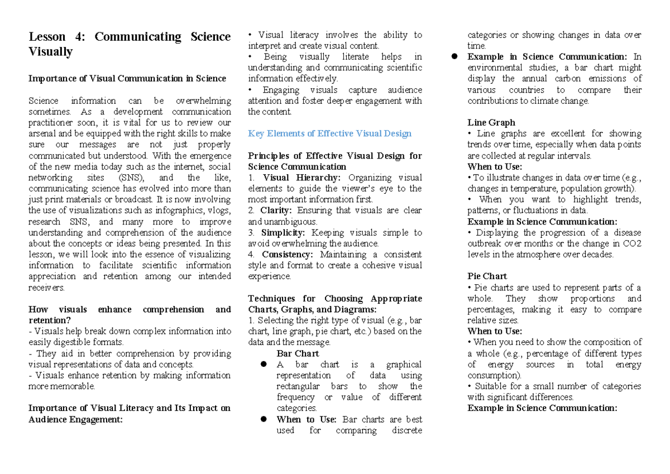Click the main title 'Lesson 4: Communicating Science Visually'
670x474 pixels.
(129, 44)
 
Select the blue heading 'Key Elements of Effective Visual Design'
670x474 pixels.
(329, 133)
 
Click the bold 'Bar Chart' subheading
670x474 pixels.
(298, 353)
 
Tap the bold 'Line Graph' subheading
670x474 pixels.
(491, 122)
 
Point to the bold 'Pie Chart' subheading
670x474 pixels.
(487, 276)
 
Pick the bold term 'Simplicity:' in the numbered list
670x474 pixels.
(284, 232)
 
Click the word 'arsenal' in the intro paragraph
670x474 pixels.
(42, 133)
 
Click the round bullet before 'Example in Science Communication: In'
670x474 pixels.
(454, 57)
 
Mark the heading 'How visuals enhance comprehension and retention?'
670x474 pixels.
(129, 315)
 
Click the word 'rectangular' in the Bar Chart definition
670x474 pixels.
(298, 386)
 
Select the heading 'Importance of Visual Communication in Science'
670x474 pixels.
(127, 79)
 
